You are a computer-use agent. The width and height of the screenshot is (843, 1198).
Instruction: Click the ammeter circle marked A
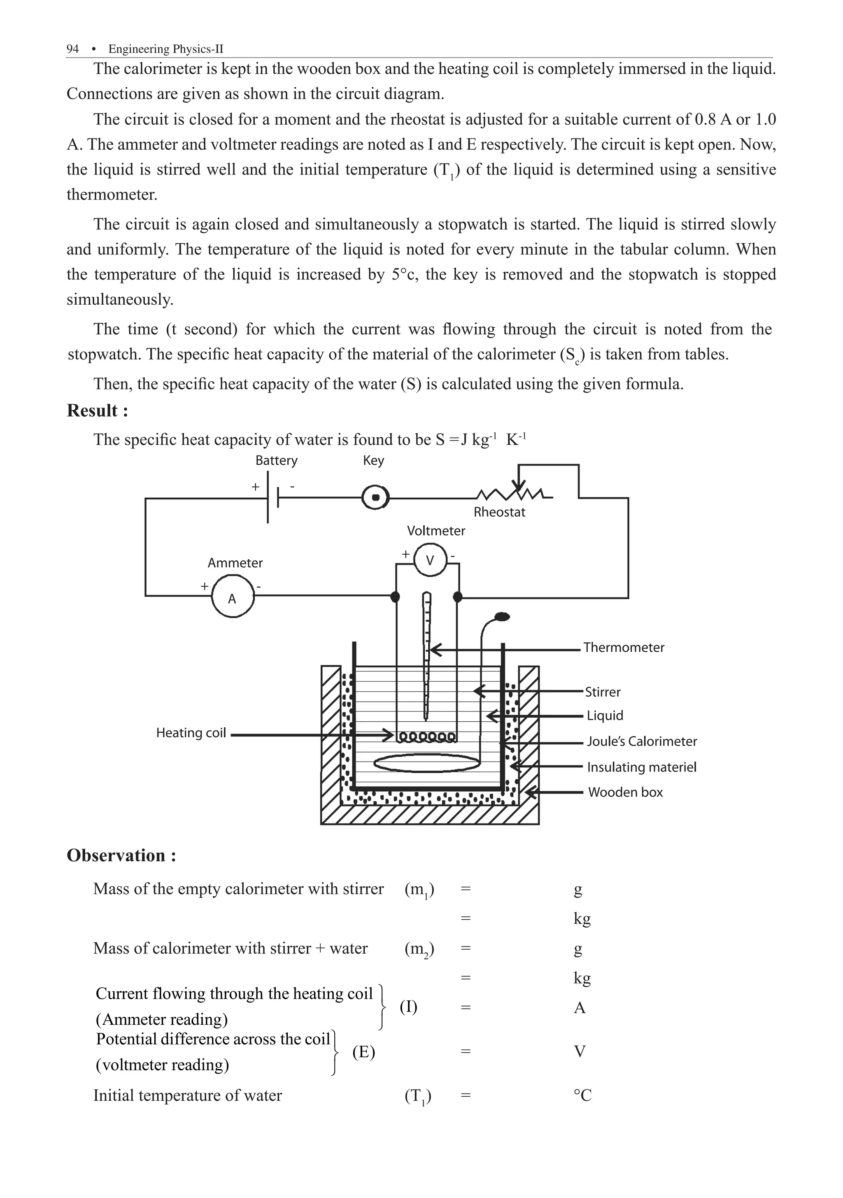(233, 597)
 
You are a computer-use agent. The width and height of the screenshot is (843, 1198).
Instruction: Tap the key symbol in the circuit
(375, 498)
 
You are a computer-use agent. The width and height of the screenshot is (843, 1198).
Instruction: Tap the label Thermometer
(623, 648)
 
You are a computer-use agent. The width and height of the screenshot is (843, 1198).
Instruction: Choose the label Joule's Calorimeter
(641, 741)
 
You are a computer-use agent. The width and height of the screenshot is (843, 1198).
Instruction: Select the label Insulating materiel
(641, 767)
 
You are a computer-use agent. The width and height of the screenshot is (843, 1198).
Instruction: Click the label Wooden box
(625, 792)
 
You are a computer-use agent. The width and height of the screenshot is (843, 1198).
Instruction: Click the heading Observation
(121, 856)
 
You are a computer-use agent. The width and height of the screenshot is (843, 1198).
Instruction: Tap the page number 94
(72, 49)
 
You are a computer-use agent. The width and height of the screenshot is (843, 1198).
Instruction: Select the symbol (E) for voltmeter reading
(363, 1052)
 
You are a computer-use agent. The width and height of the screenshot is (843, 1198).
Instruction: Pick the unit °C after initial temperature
(582, 1095)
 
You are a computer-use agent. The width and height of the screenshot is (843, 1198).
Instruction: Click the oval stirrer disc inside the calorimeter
(427, 763)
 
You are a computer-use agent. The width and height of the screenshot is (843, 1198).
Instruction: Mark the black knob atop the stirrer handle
(502, 617)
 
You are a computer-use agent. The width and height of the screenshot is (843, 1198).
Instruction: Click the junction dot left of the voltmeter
(396, 597)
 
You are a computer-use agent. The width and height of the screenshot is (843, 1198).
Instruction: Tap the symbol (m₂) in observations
(419, 949)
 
